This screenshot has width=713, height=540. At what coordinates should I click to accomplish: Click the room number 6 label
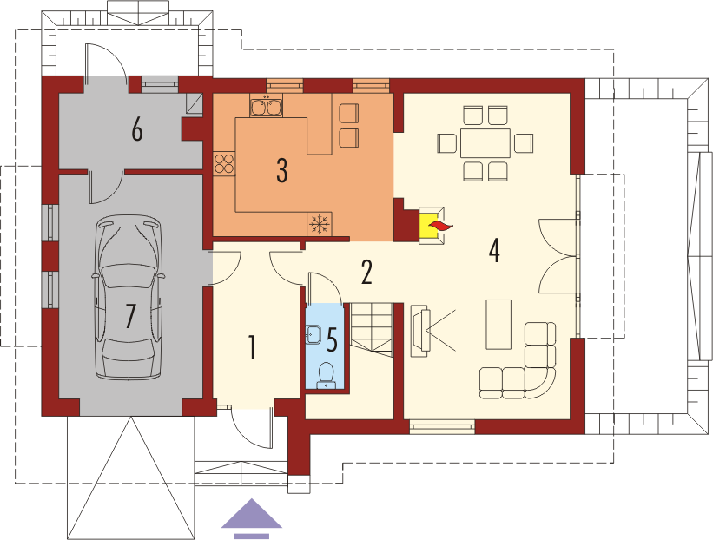(137, 130)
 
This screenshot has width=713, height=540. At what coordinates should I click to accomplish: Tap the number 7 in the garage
(130, 316)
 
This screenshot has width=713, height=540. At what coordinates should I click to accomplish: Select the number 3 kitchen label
(282, 171)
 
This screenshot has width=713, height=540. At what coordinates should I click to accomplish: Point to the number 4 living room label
(494, 250)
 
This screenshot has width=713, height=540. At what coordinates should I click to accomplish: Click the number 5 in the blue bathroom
(333, 340)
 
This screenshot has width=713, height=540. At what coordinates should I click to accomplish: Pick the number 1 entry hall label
(252, 347)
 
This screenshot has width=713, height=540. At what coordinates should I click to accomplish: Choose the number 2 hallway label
(366, 272)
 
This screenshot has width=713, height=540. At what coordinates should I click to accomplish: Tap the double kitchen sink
(266, 105)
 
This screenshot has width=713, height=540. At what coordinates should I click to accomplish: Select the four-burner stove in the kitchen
(224, 163)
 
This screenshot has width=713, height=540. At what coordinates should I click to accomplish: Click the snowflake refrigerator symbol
(320, 224)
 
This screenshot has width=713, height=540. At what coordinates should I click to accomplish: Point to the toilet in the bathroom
(326, 374)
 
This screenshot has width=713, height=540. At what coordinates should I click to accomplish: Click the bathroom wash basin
(314, 335)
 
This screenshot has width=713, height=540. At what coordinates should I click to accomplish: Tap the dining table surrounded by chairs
(485, 143)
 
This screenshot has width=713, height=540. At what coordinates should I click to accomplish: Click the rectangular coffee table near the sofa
(498, 325)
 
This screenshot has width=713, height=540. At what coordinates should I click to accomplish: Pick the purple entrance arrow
(252, 518)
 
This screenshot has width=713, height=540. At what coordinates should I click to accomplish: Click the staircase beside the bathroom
(372, 330)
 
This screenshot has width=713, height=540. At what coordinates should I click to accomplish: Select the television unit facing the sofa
(420, 331)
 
